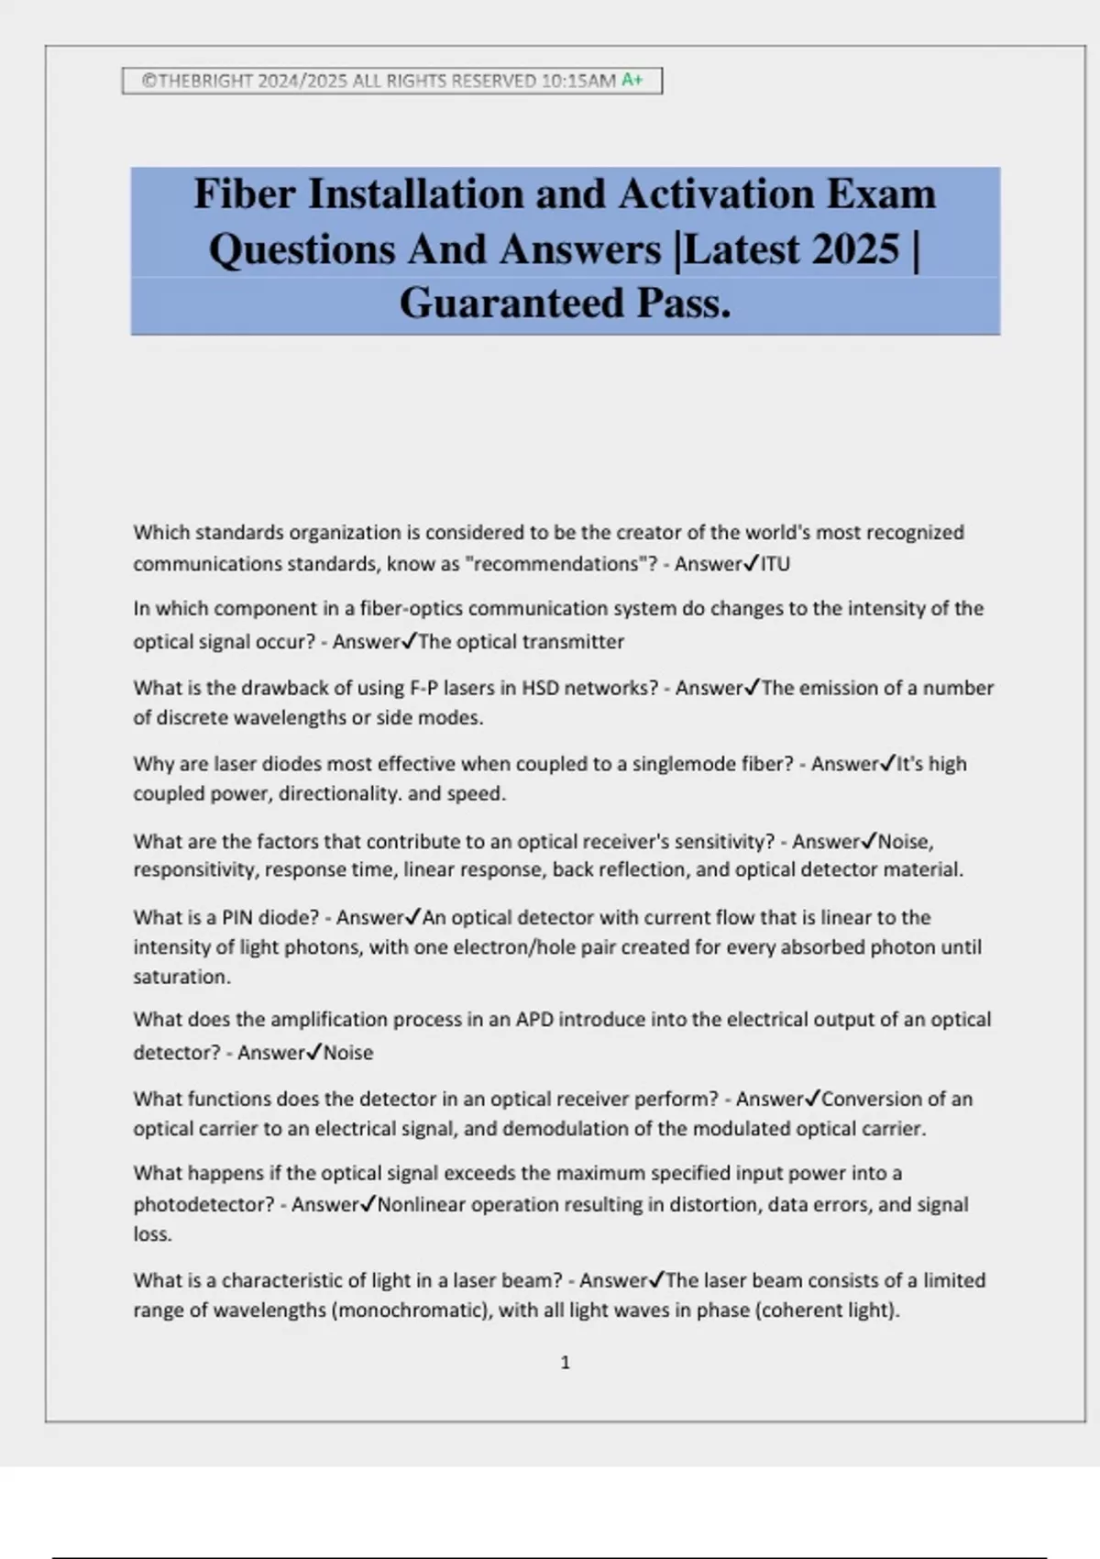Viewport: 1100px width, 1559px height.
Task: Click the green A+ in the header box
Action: point(632,81)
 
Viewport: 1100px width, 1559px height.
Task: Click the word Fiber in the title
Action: point(244,194)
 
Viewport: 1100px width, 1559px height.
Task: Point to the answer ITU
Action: point(775,564)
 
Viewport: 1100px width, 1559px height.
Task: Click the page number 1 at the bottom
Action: point(565,1363)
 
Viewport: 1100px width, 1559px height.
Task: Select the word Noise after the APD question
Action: point(348,1053)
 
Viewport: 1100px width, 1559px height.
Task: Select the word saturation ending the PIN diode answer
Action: point(181,977)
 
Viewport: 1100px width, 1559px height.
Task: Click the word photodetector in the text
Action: point(203,1204)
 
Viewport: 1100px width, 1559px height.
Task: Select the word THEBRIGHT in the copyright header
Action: point(204,81)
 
